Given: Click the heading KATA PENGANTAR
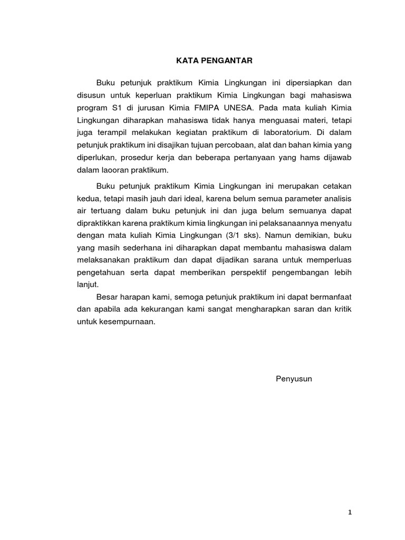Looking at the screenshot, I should click(215, 61).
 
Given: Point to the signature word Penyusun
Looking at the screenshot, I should click(294, 379).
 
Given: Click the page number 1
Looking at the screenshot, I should click(350, 512).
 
